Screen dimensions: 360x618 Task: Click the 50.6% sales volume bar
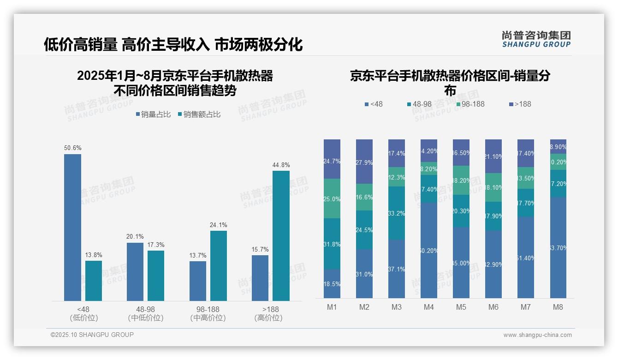(x=72, y=227)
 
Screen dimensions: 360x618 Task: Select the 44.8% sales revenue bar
(x=281, y=235)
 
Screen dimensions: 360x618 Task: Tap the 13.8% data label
(x=94, y=255)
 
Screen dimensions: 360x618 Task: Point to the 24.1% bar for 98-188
(x=219, y=265)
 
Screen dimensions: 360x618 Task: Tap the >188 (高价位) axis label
(x=268, y=313)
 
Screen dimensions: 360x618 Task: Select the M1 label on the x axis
(x=332, y=307)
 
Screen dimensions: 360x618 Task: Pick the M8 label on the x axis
(x=558, y=307)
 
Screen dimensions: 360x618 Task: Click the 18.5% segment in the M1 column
(x=332, y=284)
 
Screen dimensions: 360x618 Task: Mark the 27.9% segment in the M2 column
(x=364, y=162)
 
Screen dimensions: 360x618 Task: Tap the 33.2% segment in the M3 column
(x=397, y=213)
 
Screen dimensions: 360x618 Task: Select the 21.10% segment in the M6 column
(x=493, y=156)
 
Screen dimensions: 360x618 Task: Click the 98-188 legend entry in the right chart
(x=470, y=104)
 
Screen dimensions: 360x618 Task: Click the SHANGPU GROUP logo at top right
(x=536, y=39)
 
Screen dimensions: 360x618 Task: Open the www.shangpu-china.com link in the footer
(x=537, y=335)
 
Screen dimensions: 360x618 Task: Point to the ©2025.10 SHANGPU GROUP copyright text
(x=92, y=335)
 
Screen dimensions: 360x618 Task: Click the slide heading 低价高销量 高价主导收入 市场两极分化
(x=173, y=44)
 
